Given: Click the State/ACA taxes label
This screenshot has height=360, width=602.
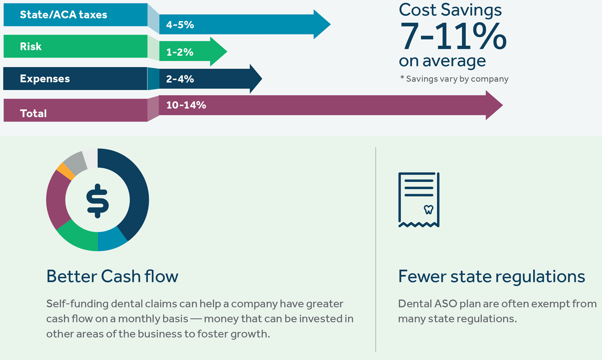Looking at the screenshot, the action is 64,15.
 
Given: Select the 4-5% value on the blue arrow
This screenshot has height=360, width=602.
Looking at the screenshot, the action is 180,25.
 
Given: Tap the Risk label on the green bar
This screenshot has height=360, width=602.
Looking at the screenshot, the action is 30,47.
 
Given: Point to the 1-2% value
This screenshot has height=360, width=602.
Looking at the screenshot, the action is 179,52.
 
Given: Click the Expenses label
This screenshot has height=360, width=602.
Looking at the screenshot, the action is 45,79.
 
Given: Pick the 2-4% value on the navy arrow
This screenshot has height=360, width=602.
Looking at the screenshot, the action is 180,79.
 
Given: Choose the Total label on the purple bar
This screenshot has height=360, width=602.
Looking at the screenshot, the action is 33,113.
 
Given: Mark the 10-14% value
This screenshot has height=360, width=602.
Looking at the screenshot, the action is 186,105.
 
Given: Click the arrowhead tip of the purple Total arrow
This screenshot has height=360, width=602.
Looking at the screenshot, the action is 503,105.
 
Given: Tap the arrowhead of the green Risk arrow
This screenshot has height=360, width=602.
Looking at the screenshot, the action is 218,52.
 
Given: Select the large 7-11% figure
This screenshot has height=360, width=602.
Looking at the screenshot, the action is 453,36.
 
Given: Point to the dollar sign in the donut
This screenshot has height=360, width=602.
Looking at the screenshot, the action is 97,201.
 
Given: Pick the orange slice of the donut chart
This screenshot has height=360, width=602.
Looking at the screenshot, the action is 65,171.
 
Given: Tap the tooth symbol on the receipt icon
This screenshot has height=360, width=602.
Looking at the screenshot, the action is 429,210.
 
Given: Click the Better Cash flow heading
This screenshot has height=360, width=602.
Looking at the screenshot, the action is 112,276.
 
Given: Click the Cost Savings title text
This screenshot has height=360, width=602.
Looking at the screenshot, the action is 450,10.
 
